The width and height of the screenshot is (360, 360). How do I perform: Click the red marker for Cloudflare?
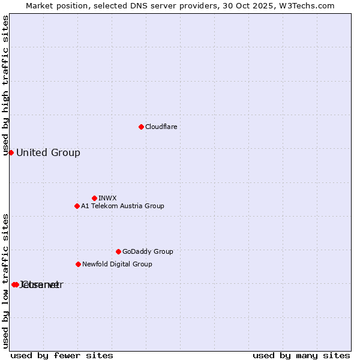pos(141,127)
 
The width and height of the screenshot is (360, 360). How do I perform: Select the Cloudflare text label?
pos(161,127)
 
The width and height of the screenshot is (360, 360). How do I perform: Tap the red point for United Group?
pos(11,152)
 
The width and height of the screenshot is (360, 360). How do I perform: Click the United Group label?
pos(48,152)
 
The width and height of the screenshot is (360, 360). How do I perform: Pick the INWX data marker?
pos(94,198)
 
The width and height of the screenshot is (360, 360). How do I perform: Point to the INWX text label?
pos(107,198)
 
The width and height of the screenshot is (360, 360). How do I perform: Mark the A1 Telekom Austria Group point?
pos(77,206)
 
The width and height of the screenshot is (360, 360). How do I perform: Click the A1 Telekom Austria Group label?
pos(122,206)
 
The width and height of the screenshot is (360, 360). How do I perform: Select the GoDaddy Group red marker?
pos(118,251)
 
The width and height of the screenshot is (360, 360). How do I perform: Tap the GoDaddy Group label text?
pos(148,251)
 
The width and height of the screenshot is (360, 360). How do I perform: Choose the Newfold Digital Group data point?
pos(78,264)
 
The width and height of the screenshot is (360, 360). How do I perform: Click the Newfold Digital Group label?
pos(117,264)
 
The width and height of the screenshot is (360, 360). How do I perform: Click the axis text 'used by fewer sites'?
pos(62,355)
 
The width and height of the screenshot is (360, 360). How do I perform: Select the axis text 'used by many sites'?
pos(301,355)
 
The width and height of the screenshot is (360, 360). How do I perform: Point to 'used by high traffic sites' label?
pos(5,85)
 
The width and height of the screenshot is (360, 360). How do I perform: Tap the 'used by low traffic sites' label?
pos(5,281)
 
